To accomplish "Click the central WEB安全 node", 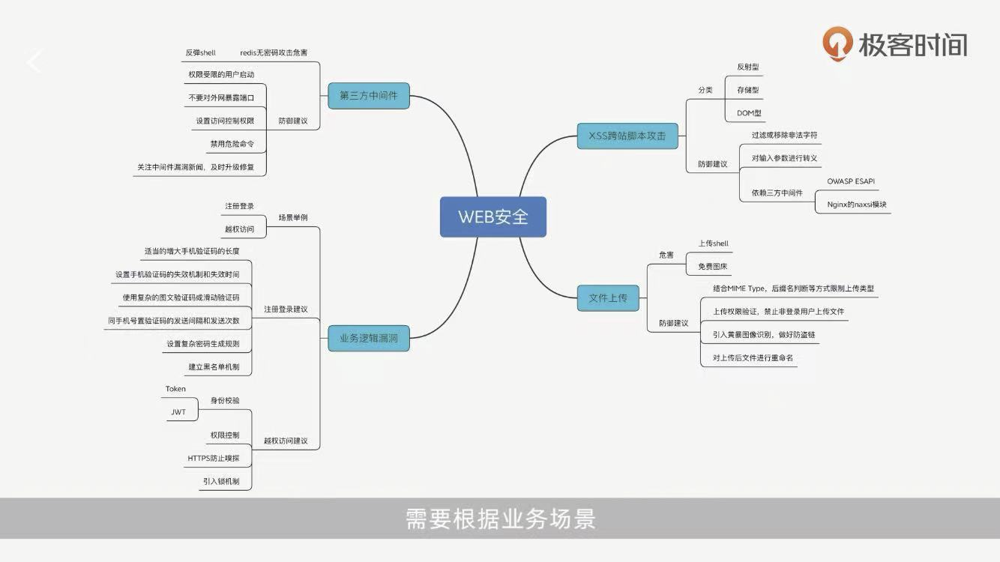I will [493, 217].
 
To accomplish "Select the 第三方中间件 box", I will [369, 96].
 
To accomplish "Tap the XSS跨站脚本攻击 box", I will [627, 136].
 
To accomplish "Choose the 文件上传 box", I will [608, 298].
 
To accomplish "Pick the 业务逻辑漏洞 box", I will [369, 339].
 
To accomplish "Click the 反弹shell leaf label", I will [200, 53].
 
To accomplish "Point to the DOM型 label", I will [749, 113].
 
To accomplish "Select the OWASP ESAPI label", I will [851, 181].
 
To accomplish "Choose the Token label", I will [175, 389].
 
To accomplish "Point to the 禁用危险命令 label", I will [232, 144].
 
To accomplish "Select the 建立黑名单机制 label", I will [214, 367].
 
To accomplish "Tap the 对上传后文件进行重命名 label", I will [747, 358].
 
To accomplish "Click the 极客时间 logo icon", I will [837, 43].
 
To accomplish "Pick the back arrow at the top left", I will [34, 61].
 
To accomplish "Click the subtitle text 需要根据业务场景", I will [500, 519].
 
